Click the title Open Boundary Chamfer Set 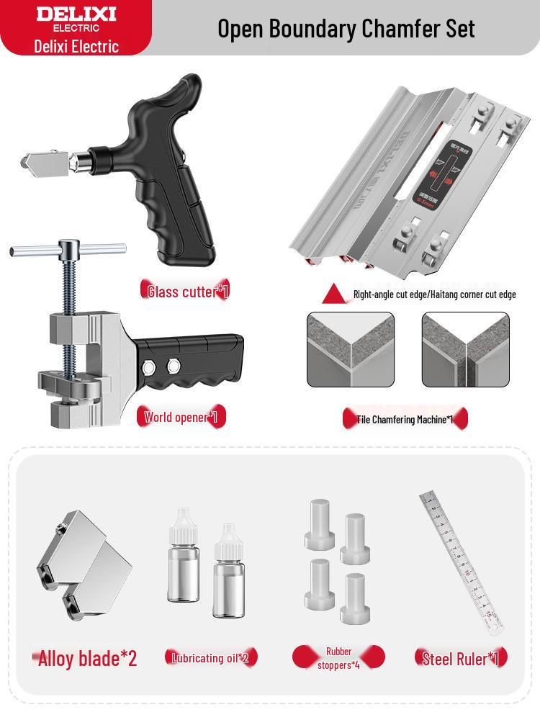(x=346, y=28)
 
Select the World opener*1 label (x=184, y=417)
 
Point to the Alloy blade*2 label (x=87, y=658)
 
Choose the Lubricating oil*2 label (x=210, y=657)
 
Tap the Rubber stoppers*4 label (x=338, y=657)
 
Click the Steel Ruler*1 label (x=461, y=658)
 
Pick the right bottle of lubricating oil (x=228, y=572)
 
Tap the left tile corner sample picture (x=351, y=349)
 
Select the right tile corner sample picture (x=465, y=349)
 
